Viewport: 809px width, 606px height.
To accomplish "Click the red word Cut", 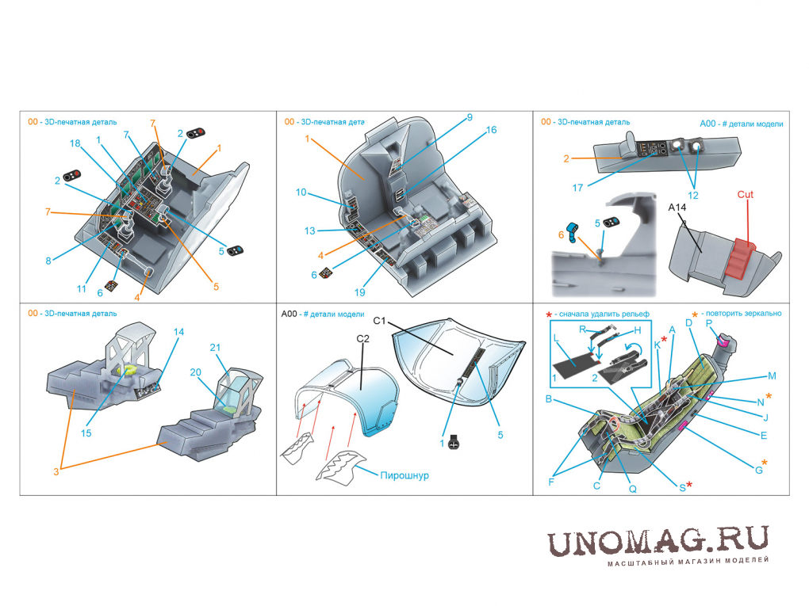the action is (745, 194).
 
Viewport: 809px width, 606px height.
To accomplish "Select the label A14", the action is (677, 208).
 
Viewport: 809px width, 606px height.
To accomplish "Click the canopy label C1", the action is (379, 321).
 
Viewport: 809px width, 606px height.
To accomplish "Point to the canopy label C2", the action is (362, 338).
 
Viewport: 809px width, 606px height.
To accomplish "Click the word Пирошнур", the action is (404, 475).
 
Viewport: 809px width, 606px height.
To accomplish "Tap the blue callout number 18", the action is (75, 143).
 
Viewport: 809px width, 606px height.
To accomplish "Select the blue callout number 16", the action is (491, 130).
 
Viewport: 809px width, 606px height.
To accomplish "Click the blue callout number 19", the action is (359, 292).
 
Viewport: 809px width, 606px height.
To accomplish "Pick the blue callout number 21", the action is (215, 347).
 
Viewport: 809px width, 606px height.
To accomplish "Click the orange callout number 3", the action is (56, 471).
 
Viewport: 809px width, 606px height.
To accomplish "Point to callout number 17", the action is (577, 188).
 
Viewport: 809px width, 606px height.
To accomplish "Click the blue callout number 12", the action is (693, 196).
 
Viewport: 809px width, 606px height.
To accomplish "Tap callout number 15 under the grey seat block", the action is (86, 433).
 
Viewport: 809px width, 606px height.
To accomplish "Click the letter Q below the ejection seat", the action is (633, 489).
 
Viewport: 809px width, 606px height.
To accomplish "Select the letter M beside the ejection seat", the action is (772, 376).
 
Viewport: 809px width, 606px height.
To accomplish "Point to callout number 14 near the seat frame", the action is (178, 332).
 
